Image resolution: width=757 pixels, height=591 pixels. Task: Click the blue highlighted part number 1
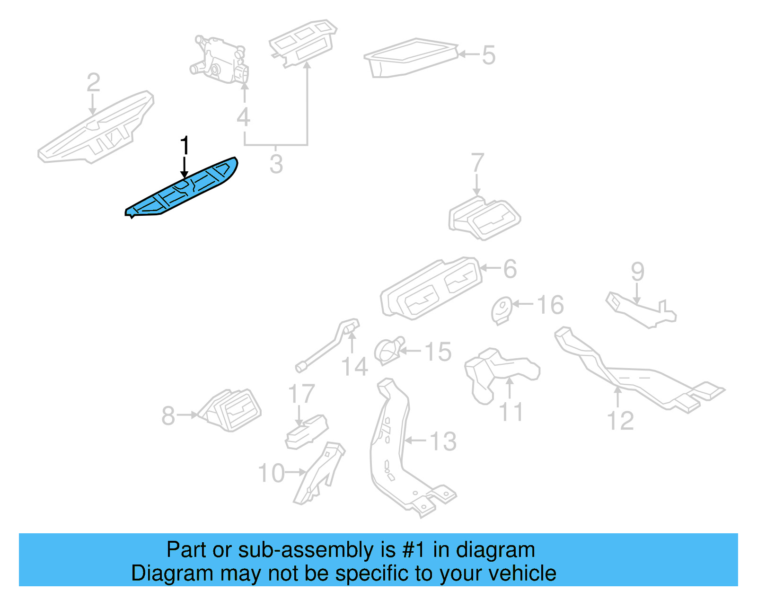[182, 189]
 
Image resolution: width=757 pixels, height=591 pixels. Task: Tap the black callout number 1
[185, 146]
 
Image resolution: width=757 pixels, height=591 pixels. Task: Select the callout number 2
[93, 83]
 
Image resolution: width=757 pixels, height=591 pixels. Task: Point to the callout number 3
[276, 164]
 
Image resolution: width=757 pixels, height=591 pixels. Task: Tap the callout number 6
[510, 269]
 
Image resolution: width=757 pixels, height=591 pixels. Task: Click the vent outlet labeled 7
[484, 219]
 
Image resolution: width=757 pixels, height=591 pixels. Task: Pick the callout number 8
[168, 416]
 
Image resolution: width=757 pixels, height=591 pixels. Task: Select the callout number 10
[272, 473]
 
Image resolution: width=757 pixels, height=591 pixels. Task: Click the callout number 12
[620, 421]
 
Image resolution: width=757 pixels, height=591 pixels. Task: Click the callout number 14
[354, 367]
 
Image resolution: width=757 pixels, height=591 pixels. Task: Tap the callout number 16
[550, 305]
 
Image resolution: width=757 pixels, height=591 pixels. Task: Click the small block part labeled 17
[306, 432]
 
